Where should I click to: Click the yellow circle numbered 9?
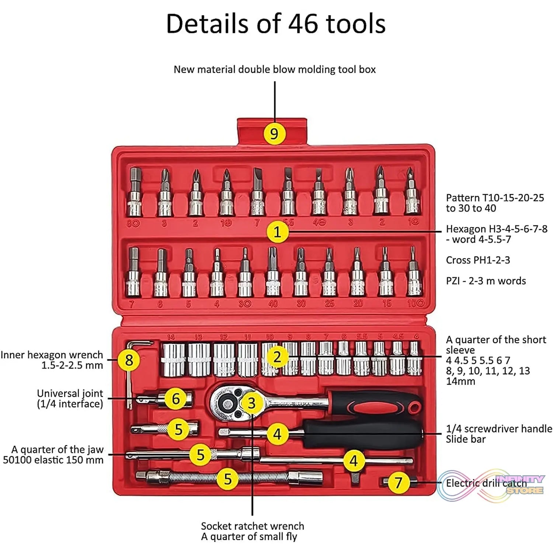(274, 133)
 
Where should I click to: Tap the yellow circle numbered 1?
(277, 232)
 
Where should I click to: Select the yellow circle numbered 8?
(129, 360)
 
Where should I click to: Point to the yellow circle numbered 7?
(398, 483)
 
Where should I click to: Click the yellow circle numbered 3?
(252, 403)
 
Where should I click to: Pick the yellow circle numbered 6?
(176, 399)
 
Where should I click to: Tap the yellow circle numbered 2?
(277, 357)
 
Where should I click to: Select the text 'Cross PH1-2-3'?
(478, 260)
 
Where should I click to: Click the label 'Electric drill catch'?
(486, 483)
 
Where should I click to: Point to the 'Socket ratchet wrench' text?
(253, 526)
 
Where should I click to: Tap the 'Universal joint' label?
(70, 393)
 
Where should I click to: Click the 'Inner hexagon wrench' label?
(52, 355)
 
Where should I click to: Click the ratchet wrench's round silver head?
(226, 403)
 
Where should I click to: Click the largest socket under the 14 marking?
(173, 359)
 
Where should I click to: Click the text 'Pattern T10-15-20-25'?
(495, 198)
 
